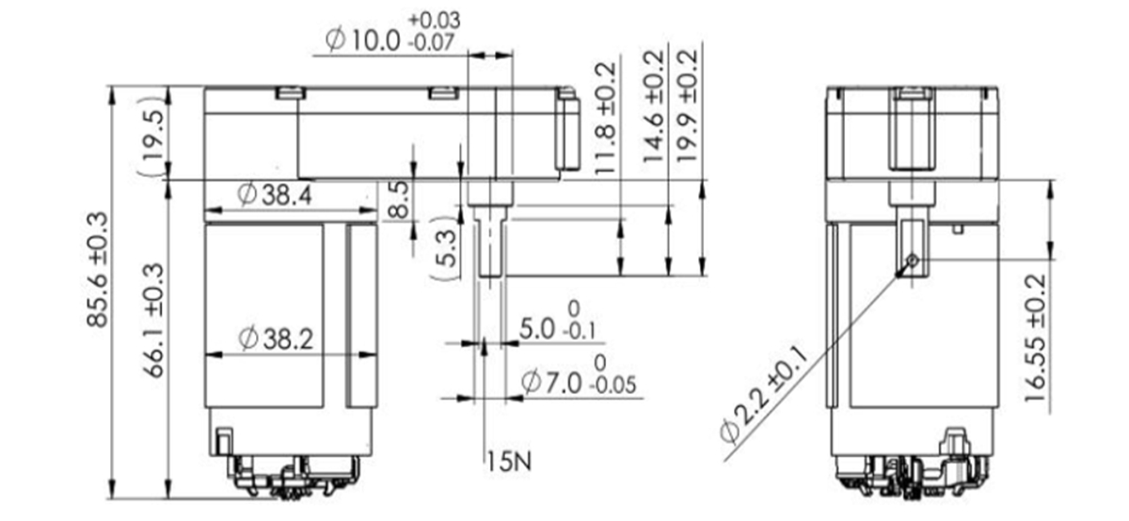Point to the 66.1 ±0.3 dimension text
click(x=153, y=320)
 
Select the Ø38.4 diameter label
click(x=276, y=195)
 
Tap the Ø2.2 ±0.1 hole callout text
click(x=763, y=394)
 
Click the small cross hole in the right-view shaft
click(x=912, y=260)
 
